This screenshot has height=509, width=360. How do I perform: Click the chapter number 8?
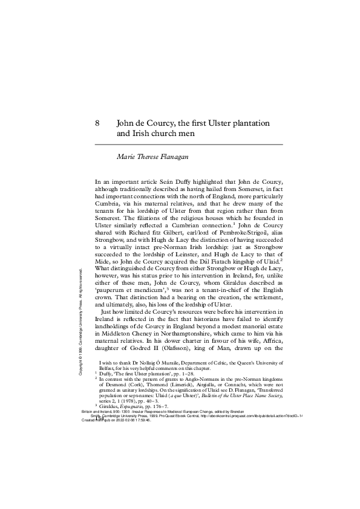(97, 123)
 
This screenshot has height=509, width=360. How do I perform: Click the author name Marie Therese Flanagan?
(153, 156)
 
